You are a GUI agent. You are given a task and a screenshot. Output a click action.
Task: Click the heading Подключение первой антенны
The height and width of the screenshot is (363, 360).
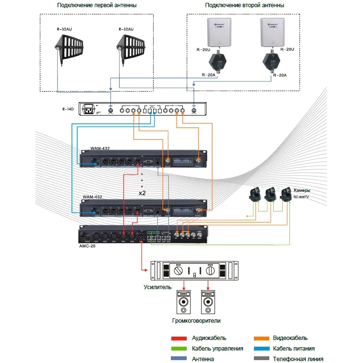click(x=96, y=5)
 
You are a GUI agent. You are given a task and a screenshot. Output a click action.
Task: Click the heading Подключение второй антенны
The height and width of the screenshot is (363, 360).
click(x=244, y=5)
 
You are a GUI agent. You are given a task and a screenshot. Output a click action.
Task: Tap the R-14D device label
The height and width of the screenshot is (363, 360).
click(x=68, y=109)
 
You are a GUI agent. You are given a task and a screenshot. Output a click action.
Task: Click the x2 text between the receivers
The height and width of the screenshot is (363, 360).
click(x=142, y=193)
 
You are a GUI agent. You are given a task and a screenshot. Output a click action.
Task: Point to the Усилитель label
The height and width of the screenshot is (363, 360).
click(x=157, y=287)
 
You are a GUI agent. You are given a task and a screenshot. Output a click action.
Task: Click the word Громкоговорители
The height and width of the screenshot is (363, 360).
click(x=197, y=320)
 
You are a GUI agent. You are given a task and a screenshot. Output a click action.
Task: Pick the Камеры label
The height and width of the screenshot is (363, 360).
click(x=302, y=190)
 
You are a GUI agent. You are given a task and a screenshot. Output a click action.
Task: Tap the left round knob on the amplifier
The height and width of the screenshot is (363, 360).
click(x=178, y=271)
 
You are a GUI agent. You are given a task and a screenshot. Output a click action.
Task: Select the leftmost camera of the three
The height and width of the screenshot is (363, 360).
click(x=254, y=195)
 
